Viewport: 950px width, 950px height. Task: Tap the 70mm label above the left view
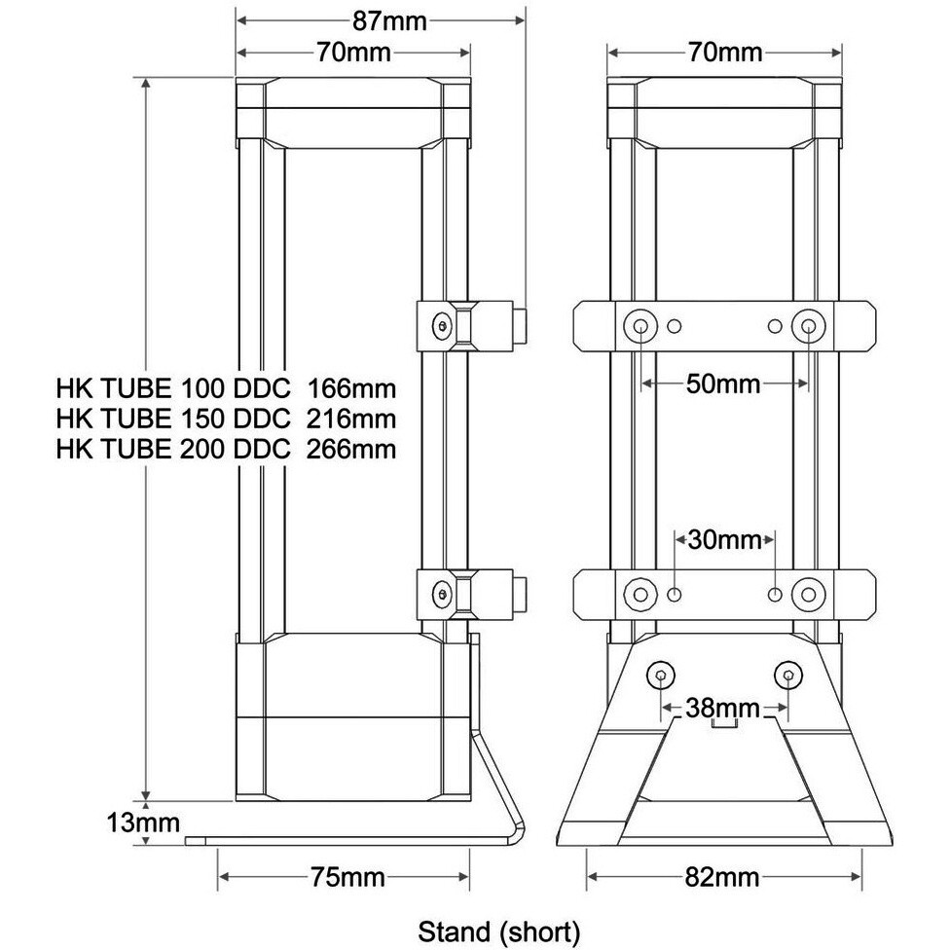[353, 53]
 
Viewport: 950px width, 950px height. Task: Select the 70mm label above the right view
[724, 53]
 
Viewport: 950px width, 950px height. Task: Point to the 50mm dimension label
[725, 383]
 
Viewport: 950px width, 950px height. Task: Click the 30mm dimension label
[725, 538]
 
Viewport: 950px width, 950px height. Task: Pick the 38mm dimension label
[724, 708]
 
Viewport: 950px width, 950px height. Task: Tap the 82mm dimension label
[724, 877]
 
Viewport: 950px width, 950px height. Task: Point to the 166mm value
[351, 389]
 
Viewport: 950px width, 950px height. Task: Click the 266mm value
[351, 449]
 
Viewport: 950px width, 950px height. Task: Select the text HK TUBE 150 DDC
[174, 420]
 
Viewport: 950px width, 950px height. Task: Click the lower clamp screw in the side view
[444, 591]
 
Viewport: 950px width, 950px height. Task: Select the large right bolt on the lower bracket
[808, 593]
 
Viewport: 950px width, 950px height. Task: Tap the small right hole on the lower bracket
[775, 593]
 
